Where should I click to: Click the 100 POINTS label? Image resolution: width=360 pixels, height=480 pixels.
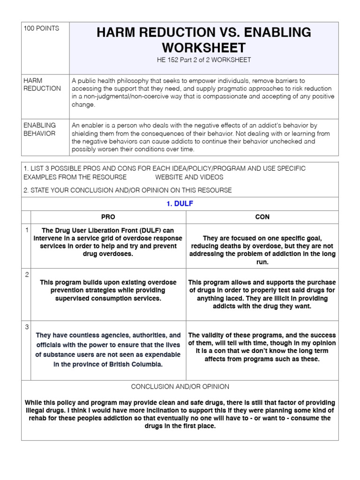click(41, 29)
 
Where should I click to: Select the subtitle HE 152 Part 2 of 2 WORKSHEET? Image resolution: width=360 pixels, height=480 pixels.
click(203, 60)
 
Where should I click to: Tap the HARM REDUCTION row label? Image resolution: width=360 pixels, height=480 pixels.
click(42, 84)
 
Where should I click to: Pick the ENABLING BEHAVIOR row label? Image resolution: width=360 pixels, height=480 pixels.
click(40, 129)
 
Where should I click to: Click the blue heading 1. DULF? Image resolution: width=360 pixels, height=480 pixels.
click(180, 204)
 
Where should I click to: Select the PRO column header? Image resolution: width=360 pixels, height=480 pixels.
click(108, 217)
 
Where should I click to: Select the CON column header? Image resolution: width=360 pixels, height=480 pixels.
click(262, 217)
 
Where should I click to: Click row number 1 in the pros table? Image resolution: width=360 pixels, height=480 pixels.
click(27, 230)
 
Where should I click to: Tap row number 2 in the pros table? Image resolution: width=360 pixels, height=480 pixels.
click(27, 275)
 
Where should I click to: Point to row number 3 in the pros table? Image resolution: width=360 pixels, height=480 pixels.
click(27, 327)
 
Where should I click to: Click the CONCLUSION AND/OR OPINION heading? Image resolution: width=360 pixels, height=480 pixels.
click(180, 387)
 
